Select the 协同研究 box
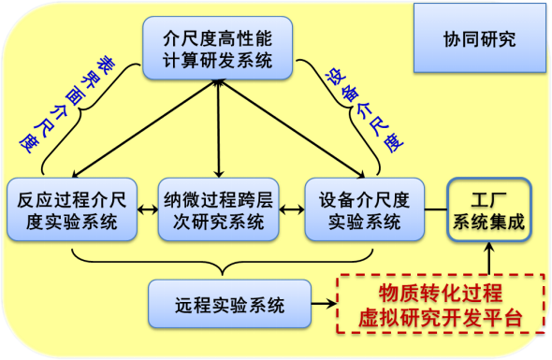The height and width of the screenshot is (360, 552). (x=479, y=41)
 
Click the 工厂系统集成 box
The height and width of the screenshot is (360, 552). (x=488, y=211)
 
